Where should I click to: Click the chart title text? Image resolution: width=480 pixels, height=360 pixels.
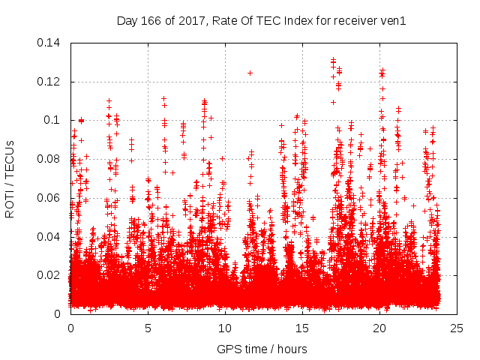coord(261,21)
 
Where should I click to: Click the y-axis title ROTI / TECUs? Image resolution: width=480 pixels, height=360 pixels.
coord(10,178)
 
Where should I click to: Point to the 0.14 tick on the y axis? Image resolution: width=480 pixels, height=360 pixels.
coord(50,43)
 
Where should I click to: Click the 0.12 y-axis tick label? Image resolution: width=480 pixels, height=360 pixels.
coord(50,82)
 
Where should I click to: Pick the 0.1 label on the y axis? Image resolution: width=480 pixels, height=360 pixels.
coord(55,120)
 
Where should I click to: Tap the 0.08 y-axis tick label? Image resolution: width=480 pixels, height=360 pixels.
coord(50,159)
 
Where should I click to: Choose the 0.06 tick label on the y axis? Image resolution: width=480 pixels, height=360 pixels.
coord(50,198)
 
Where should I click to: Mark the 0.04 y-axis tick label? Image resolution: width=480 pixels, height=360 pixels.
coord(50,236)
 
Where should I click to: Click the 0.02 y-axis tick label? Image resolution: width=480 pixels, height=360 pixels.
coord(50,275)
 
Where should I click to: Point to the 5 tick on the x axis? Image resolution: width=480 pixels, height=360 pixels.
coord(148,328)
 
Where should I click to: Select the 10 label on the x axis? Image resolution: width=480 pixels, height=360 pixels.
coord(225,328)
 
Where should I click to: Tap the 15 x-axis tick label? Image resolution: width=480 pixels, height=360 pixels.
coord(302,328)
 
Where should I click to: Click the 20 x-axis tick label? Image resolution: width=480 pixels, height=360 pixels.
coord(379,328)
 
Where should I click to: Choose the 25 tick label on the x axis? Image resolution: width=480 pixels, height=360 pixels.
coord(457,328)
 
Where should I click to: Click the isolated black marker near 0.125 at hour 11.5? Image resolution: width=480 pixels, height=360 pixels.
coord(250,73)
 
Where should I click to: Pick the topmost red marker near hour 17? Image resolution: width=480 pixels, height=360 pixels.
coord(333,59)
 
